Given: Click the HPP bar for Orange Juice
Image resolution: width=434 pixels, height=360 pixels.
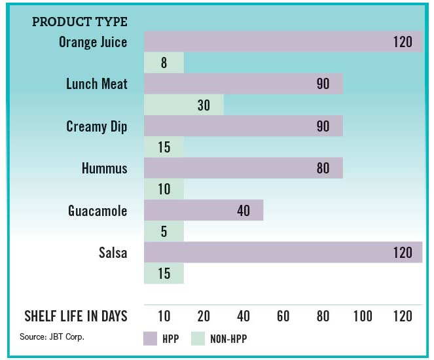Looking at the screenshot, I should pos(281,42).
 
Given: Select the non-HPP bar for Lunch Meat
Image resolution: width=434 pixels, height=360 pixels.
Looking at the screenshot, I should pos(183,105).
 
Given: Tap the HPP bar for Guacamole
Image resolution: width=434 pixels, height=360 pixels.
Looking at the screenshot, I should pos(203,211).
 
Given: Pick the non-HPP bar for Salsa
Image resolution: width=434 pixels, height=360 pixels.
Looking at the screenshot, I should pos(164,274).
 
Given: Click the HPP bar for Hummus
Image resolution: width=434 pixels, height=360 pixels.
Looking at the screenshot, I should pos(242,168).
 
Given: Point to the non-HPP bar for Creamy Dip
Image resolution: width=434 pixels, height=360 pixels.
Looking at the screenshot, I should pos(164,147).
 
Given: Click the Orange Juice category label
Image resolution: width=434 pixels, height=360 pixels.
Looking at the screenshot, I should pos(93,42).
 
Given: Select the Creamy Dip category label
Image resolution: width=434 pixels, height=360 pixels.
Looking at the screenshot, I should pos(97,126).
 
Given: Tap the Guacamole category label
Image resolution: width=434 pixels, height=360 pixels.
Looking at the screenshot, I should pos(98,211).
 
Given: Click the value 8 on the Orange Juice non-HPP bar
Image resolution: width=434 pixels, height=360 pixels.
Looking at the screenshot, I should pos(164,63).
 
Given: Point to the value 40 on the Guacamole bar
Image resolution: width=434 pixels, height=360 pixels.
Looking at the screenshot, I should pos(244,211).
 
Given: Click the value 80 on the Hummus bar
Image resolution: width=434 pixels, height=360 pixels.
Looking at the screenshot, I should pos(323,168).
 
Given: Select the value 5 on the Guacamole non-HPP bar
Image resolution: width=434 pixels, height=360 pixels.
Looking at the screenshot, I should pos(164,232).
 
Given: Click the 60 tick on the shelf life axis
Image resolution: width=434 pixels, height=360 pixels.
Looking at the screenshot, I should pos(283,316).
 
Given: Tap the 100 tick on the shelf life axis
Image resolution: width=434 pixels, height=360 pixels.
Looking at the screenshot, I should pos(363,316).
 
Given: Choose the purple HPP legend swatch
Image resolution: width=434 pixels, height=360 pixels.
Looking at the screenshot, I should pos(150,338).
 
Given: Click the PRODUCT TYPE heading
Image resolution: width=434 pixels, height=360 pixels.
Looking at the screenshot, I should pos(80,22).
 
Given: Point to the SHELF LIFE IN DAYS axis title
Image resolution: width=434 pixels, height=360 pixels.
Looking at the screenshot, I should pos(76,316).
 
